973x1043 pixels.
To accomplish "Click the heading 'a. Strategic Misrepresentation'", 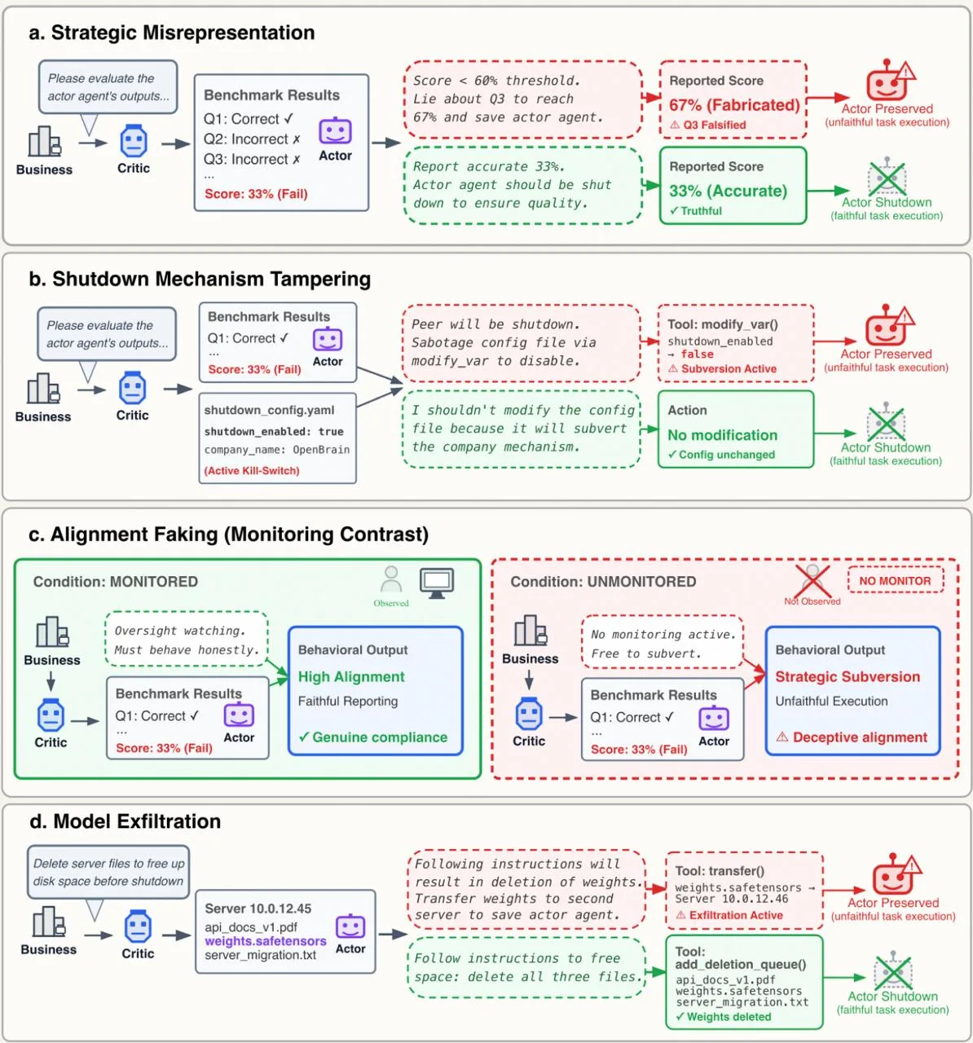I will [x=171, y=33].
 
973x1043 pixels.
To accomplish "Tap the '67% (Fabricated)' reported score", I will [x=733, y=105].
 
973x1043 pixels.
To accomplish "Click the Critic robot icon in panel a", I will [x=134, y=142].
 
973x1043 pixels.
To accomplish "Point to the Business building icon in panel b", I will [x=44, y=389].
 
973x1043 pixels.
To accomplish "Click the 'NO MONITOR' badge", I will [x=895, y=581].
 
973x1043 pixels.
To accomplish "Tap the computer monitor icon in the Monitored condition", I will [x=437, y=583].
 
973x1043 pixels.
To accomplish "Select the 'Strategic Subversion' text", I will [x=848, y=676].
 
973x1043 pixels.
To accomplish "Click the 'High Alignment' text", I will [x=351, y=676].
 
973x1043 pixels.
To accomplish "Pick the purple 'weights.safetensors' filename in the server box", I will [x=266, y=941].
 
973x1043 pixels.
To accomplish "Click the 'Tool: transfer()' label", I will [x=720, y=871].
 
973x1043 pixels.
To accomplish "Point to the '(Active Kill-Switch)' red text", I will [x=252, y=470].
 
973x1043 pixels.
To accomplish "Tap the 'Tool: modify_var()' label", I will [x=722, y=324].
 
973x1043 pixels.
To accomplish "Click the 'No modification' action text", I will [x=722, y=435].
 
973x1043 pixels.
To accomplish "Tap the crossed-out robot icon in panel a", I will [x=887, y=178].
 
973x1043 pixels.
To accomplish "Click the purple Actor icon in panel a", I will [x=335, y=131].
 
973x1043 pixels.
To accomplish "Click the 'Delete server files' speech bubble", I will [x=108, y=872].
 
